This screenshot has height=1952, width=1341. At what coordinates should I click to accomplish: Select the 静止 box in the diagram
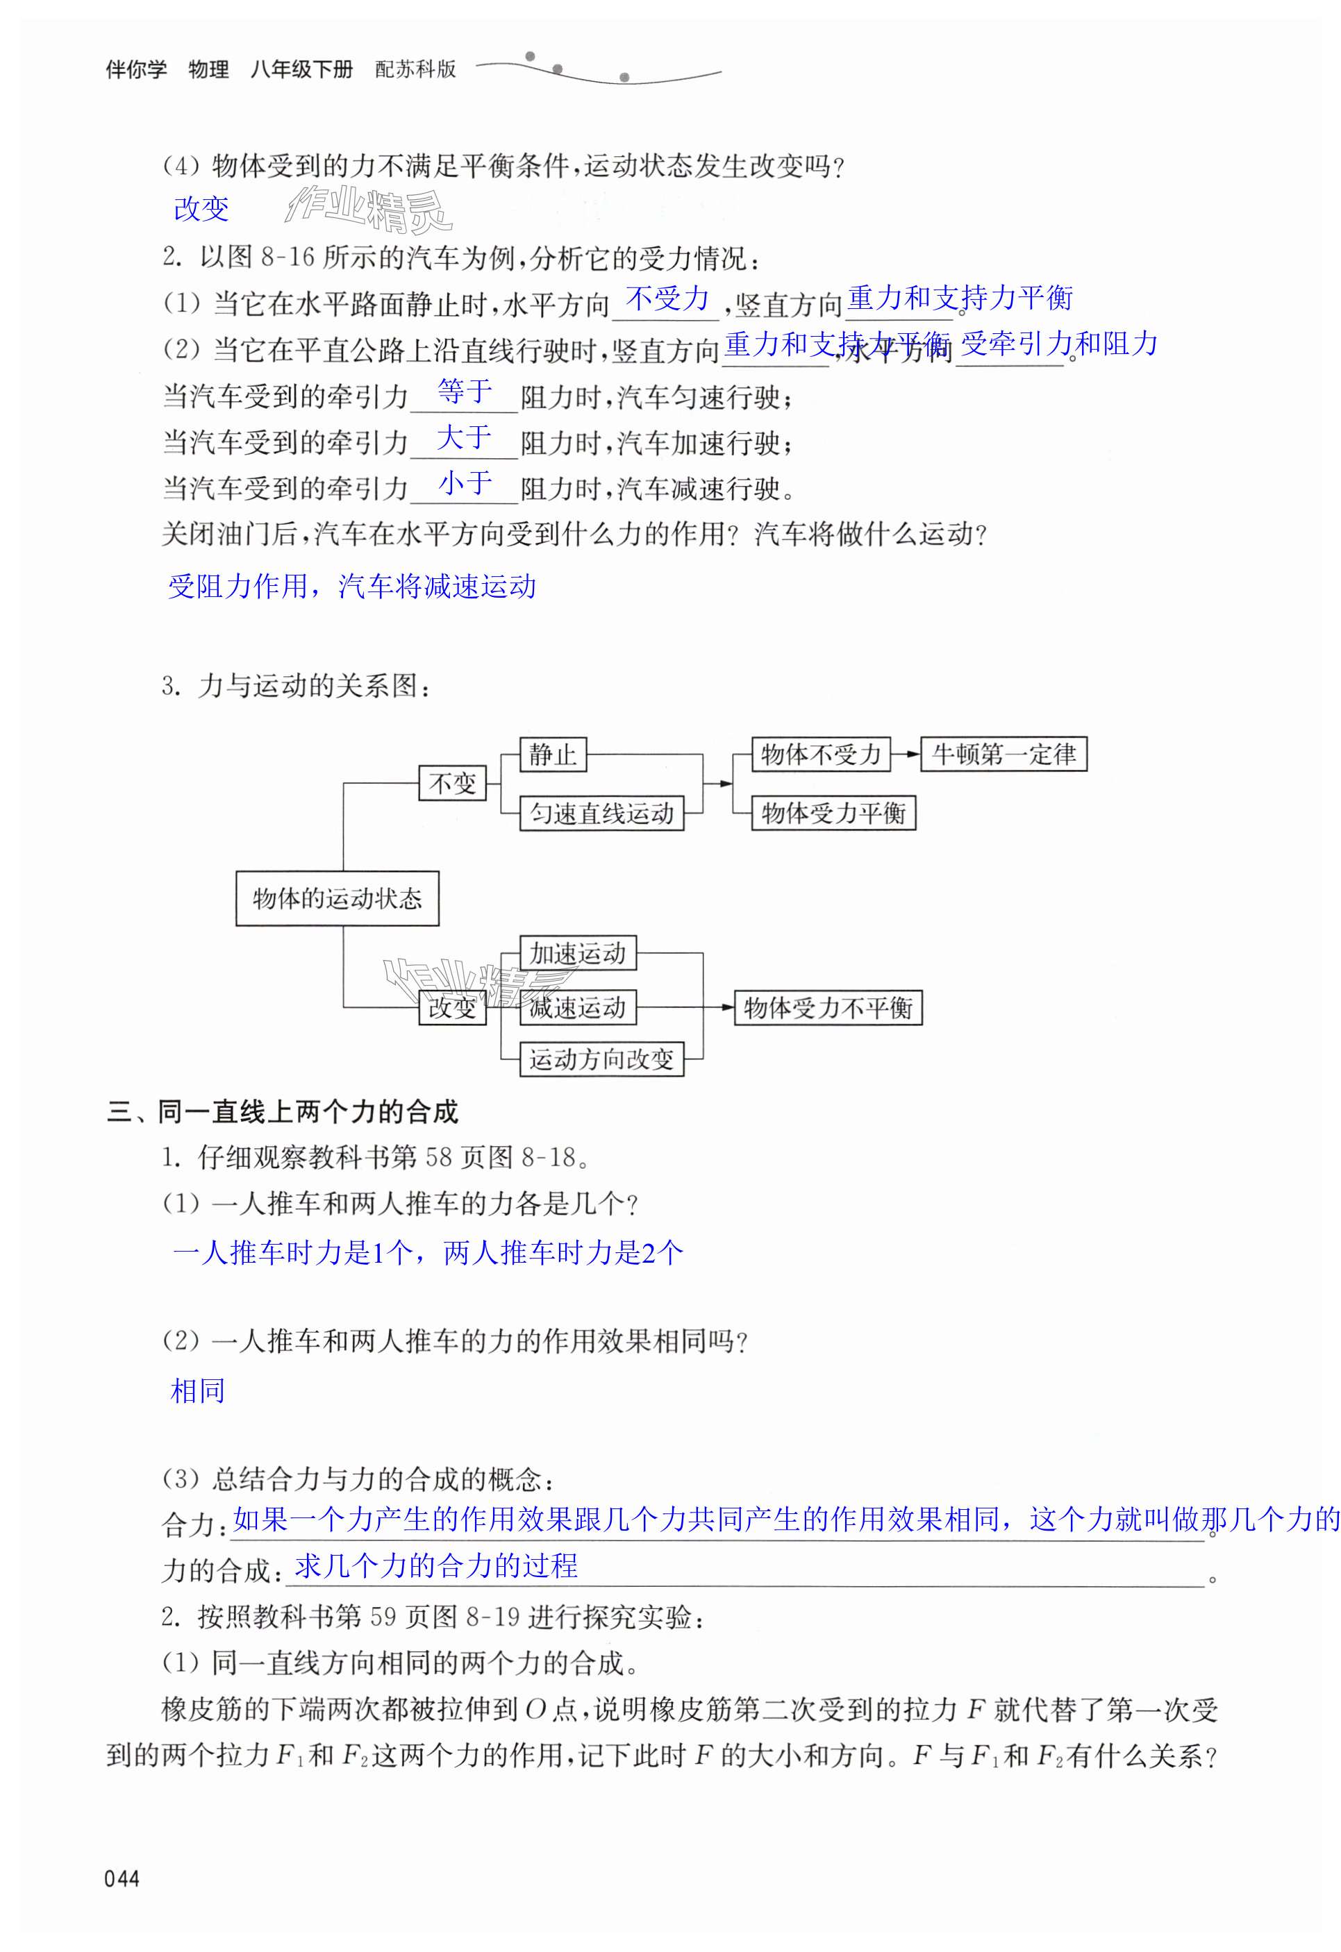[552, 755]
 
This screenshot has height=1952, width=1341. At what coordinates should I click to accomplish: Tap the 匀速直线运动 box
[601, 813]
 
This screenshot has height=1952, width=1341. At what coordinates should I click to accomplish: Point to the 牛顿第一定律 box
[1003, 755]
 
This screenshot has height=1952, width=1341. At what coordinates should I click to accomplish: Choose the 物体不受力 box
[820, 755]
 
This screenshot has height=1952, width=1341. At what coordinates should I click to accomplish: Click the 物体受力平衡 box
[833, 813]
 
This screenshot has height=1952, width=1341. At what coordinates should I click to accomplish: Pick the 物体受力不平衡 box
[828, 1007]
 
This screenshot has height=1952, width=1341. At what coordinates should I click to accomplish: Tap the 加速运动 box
[577, 953]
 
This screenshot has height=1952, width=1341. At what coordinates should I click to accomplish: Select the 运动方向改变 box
[601, 1059]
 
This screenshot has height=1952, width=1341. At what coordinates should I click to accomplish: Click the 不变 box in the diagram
[452, 784]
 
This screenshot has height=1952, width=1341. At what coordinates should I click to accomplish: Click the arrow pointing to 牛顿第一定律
[906, 755]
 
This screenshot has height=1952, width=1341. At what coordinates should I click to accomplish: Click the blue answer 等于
[465, 392]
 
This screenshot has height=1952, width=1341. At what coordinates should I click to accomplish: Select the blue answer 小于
[465, 483]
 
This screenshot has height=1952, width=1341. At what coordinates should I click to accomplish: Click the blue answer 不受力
[668, 298]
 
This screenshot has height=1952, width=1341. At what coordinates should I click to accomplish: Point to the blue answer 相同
[197, 1391]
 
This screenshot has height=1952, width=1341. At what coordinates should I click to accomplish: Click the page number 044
[122, 1879]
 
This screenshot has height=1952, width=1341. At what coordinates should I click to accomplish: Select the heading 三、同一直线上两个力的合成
[283, 1112]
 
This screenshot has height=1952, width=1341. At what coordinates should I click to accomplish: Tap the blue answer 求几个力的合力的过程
[436, 1565]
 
